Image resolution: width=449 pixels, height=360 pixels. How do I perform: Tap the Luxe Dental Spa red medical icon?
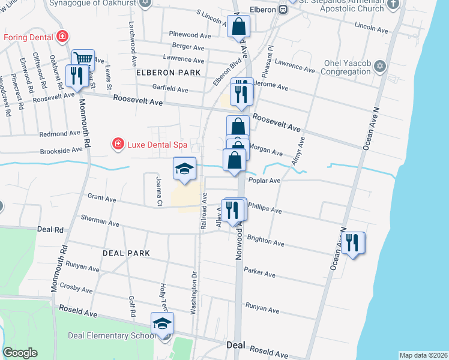point(118,144)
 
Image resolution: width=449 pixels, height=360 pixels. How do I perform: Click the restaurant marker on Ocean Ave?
point(352,242)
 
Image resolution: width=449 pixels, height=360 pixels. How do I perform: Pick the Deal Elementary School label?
point(111,336)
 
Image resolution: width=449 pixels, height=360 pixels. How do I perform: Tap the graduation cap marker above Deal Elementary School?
point(161,324)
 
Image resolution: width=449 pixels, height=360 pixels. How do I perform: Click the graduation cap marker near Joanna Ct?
point(185,169)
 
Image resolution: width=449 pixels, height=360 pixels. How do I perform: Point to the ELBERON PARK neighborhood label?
point(164,73)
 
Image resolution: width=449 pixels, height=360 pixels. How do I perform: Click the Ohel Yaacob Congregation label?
point(339,67)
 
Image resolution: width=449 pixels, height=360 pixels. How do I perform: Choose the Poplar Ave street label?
point(267,181)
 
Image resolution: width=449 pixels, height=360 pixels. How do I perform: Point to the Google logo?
point(20,353)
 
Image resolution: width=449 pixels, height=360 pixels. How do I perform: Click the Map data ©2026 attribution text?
point(423,355)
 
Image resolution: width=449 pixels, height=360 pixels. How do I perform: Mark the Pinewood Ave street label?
point(190,35)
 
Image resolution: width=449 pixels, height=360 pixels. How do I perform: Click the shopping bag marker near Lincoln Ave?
point(238,27)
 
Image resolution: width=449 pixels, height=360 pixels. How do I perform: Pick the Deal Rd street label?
point(50,229)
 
